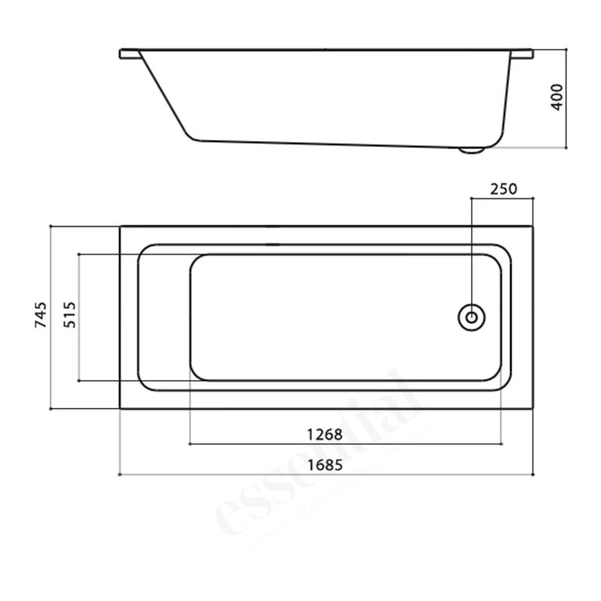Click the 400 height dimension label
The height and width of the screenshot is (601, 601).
click(x=557, y=98)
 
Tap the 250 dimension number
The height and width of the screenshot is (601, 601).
click(x=503, y=189)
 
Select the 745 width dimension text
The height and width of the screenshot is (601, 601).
click(x=42, y=316)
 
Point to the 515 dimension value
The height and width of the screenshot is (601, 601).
click(x=69, y=316)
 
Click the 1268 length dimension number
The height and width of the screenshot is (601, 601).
click(x=325, y=435)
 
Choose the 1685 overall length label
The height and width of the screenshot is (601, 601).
click(x=325, y=465)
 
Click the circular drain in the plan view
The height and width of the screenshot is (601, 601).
click(x=471, y=316)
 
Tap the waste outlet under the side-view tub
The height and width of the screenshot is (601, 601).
click(x=472, y=150)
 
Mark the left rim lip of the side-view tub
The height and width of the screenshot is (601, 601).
click(x=129, y=54)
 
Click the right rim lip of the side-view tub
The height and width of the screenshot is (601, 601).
click(x=522, y=54)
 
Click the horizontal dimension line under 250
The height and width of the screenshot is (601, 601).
click(x=502, y=198)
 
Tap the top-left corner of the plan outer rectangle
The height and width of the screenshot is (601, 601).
click(x=120, y=225)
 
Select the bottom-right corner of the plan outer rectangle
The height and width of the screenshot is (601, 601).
click(x=533, y=409)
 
